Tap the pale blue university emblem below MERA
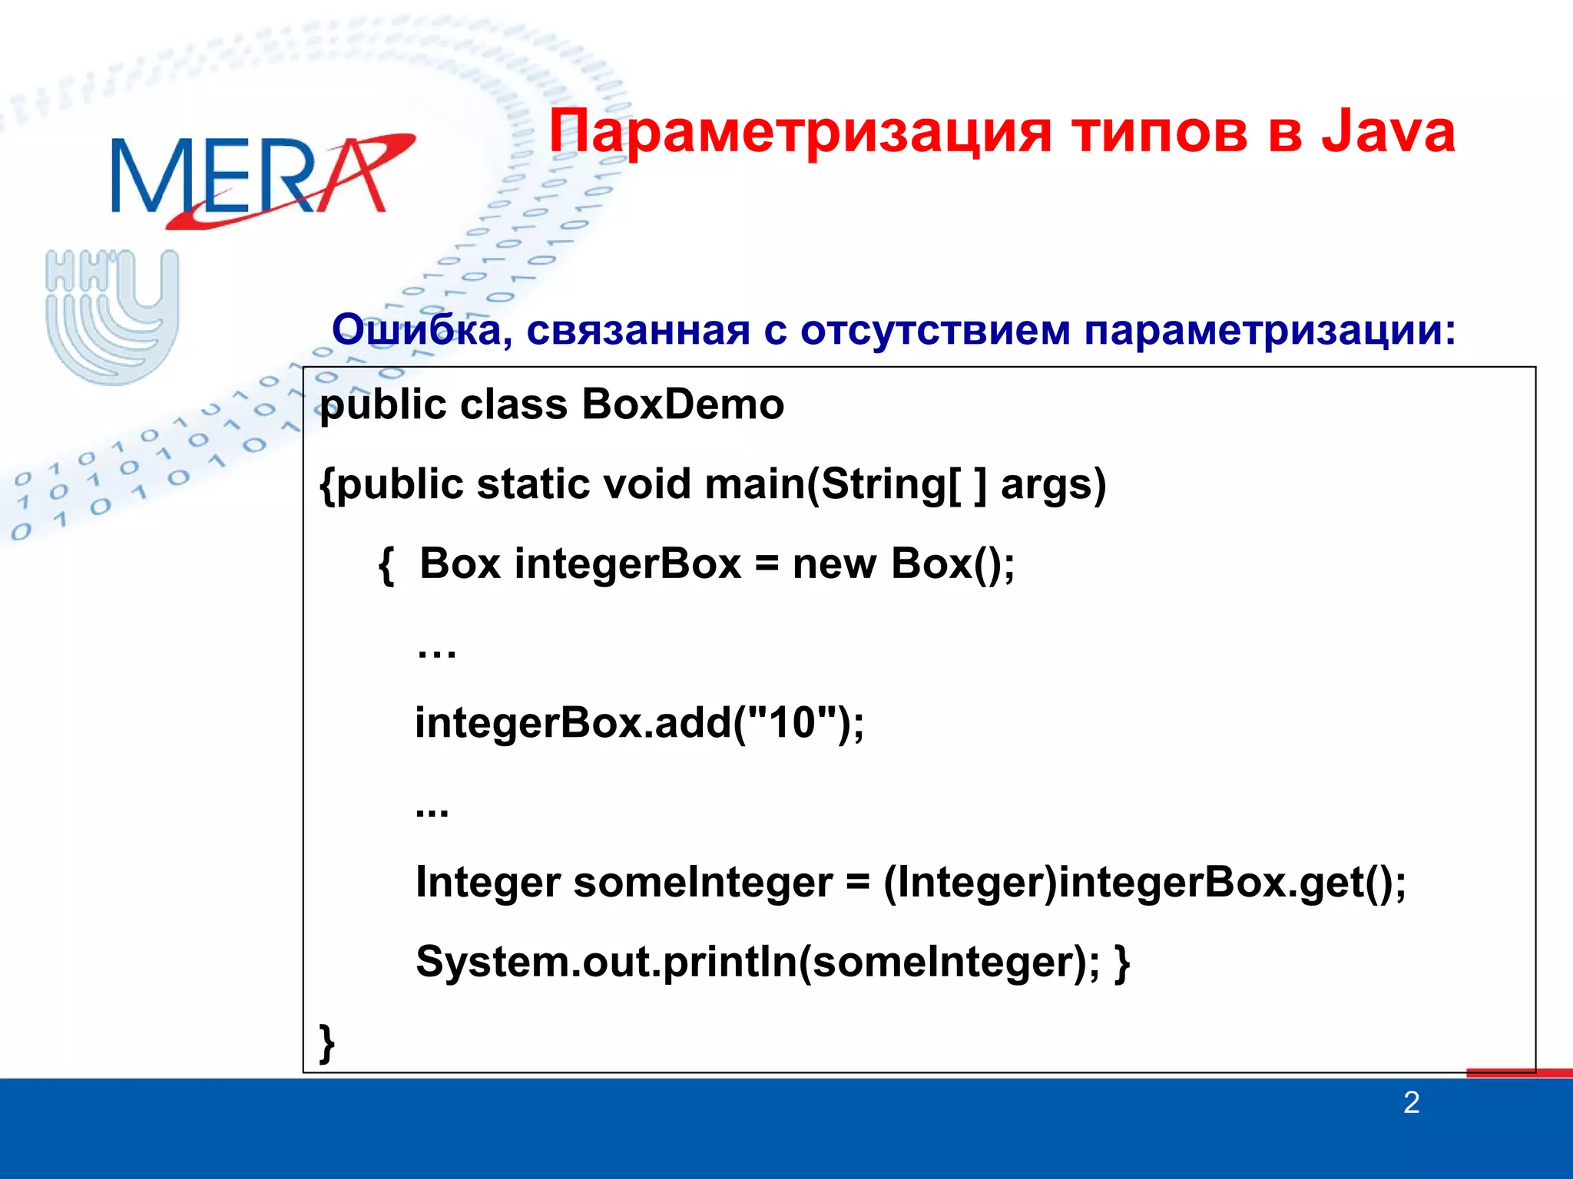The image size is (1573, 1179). [x=112, y=316]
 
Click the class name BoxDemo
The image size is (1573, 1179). [x=683, y=405]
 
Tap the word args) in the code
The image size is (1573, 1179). [x=1053, y=484]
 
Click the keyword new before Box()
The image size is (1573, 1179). [x=834, y=564]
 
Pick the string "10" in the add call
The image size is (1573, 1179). [x=792, y=722]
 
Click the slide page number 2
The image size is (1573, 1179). [x=1411, y=1103]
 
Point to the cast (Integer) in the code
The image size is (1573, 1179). [x=969, y=882]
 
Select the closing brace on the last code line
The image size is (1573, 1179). [x=327, y=1043]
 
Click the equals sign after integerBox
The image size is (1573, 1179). [x=766, y=564]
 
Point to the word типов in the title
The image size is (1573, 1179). [x=1160, y=132]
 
